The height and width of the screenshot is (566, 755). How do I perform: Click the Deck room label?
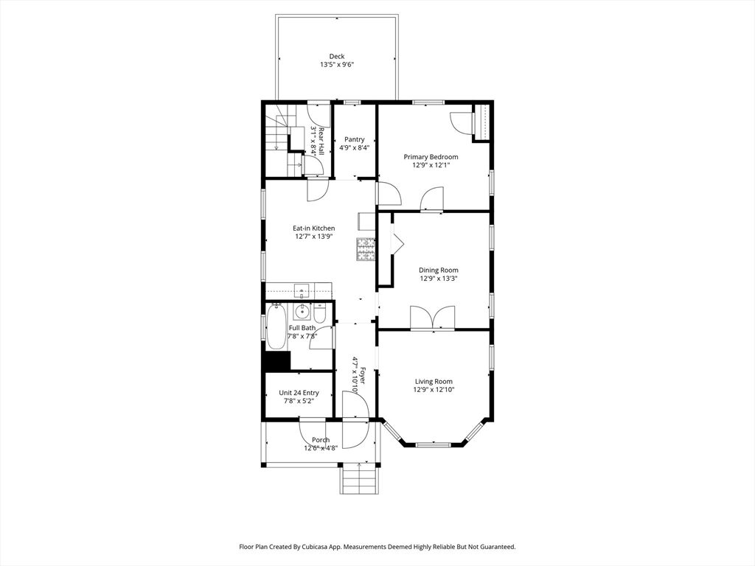pyautogui.click(x=337, y=56)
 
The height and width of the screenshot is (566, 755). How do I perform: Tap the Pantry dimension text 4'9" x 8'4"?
pyautogui.click(x=355, y=147)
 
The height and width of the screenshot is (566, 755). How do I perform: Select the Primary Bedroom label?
pyautogui.click(x=431, y=157)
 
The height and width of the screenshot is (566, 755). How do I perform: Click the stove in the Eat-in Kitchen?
pyautogui.click(x=366, y=249)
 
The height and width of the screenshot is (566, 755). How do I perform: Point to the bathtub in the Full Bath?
pyautogui.click(x=276, y=326)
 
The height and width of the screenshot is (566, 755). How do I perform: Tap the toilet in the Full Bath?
pyautogui.click(x=320, y=313)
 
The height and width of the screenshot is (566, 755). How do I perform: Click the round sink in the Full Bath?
pyautogui.click(x=302, y=312)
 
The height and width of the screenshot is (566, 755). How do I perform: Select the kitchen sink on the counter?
pyautogui.click(x=302, y=290)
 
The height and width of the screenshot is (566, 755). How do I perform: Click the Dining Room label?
pyautogui.click(x=438, y=270)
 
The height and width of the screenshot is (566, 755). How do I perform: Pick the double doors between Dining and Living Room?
pyautogui.click(x=432, y=318)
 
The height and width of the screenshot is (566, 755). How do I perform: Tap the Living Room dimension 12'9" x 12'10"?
pyautogui.click(x=434, y=390)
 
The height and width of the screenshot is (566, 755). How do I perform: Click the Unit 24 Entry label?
pyautogui.click(x=299, y=393)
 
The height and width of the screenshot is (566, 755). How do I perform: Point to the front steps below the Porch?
pyautogui.click(x=359, y=479)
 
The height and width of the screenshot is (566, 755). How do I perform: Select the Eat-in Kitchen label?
pyautogui.click(x=314, y=228)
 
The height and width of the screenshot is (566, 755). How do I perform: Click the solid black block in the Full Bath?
pyautogui.click(x=277, y=361)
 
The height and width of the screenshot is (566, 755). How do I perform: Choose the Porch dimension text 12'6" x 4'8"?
pyautogui.click(x=321, y=447)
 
